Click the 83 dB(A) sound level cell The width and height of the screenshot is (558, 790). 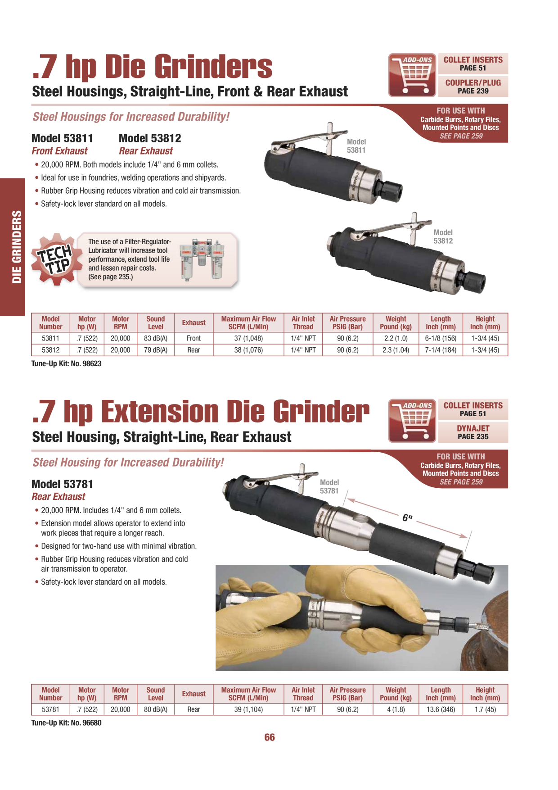pyautogui.click(x=156, y=338)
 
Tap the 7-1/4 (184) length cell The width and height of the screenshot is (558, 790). pyautogui.click(x=441, y=350)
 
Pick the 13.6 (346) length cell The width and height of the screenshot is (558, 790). pyautogui.click(x=441, y=709)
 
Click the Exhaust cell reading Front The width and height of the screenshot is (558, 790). pyautogui.click(x=193, y=338)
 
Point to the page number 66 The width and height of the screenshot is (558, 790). pyautogui.click(x=270, y=737)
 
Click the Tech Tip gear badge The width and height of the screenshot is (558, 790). pyautogui.click(x=55, y=259)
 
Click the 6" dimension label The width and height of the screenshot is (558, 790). pyautogui.click(x=407, y=518)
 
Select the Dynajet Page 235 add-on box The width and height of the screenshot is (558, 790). pyautogui.click(x=473, y=432)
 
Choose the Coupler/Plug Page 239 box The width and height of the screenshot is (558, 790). pyautogui.click(x=473, y=86)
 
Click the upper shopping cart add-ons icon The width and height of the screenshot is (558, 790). pyautogui.click(x=412, y=75)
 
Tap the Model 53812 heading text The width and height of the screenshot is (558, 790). pyautogui.click(x=150, y=138)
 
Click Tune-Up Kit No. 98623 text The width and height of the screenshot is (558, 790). pyautogui.click(x=67, y=363)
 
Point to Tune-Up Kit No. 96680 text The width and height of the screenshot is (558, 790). pyautogui.click(x=67, y=723)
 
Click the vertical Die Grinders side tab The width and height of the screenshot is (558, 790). pyautogui.click(x=12, y=247)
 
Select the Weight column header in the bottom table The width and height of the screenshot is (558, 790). pyautogui.click(x=396, y=694)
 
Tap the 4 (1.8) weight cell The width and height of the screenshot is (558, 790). pyautogui.click(x=396, y=709)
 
